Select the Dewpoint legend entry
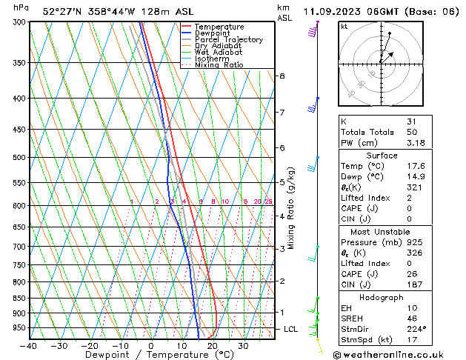[216, 33]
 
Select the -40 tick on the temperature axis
[30, 346]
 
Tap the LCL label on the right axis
[292, 329]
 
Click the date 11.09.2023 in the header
[334, 11]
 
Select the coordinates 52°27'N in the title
[62, 11]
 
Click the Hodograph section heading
[381, 297]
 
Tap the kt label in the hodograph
[344, 26]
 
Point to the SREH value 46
[411, 319]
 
